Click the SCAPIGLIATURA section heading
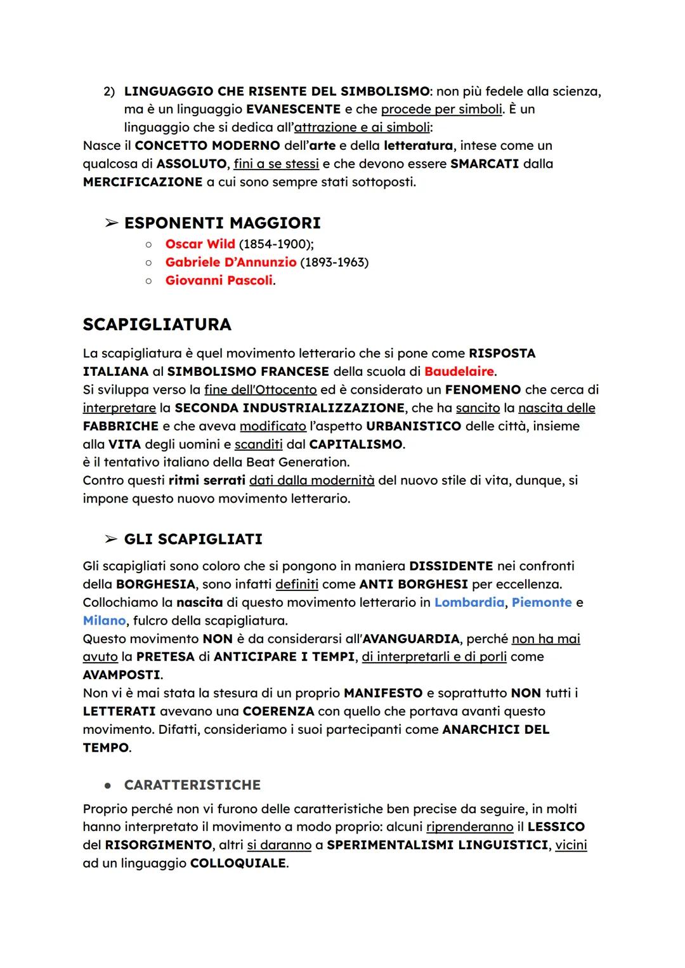[157, 324]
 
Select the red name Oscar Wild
[200, 244]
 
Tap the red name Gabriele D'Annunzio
[230, 262]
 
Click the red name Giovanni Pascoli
[219, 280]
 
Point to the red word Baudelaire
[459, 371]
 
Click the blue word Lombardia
[469, 602]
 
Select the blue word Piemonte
[541, 602]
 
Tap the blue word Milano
[104, 620]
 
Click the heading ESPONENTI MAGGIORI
[222, 223]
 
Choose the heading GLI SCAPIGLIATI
[193, 539]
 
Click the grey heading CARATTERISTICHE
[192, 785]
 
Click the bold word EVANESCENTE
[294, 109]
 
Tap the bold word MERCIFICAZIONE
[143, 182]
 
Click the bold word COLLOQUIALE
[238, 863]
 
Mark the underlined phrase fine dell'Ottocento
[260, 389]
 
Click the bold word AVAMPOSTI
[121, 675]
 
